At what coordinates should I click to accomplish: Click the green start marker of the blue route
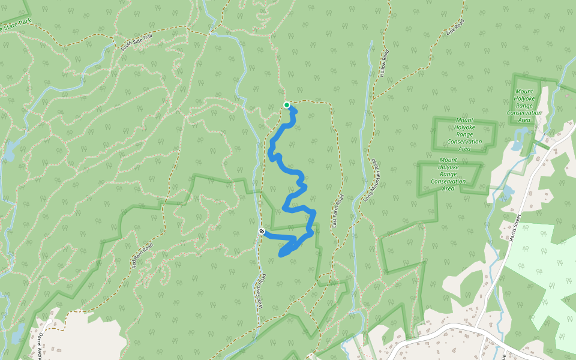click(x=287, y=106)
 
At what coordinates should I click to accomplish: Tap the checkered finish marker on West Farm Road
click(x=262, y=231)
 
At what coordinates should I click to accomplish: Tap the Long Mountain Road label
click(x=368, y=179)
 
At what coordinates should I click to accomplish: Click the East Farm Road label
click(x=337, y=212)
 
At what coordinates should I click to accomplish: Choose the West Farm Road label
click(x=261, y=292)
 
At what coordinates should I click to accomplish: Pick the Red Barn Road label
click(x=142, y=254)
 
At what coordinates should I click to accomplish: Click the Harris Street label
click(x=516, y=229)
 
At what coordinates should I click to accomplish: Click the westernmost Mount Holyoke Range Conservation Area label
click(x=448, y=174)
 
